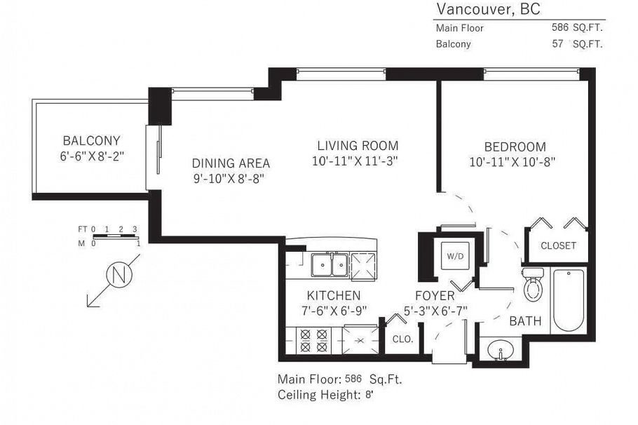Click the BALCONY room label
click(x=91, y=140)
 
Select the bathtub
click(x=569, y=302)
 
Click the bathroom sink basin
click(x=500, y=349)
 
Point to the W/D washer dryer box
click(x=452, y=256)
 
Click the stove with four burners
click(x=314, y=341)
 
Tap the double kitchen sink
click(x=329, y=265)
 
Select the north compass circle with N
click(x=118, y=274)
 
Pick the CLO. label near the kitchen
click(x=402, y=339)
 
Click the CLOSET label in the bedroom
click(x=558, y=245)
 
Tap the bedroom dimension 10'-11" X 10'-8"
click(x=515, y=162)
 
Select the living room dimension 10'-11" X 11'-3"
click(x=358, y=162)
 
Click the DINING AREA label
click(x=231, y=163)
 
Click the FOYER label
click(x=435, y=295)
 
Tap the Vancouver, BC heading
click(x=488, y=9)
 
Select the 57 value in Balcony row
click(x=559, y=43)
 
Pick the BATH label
click(x=525, y=321)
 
